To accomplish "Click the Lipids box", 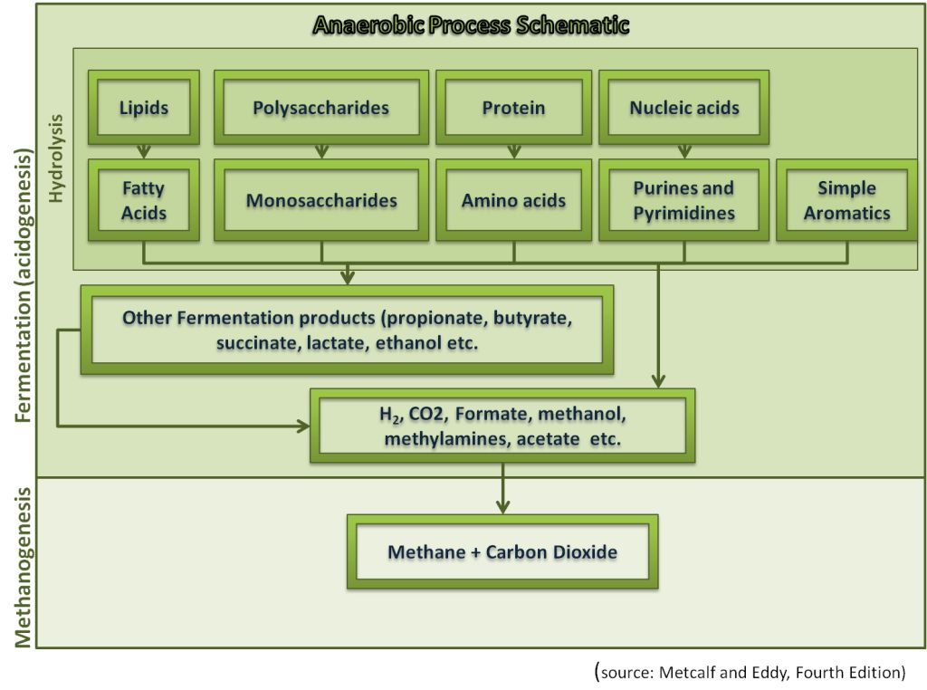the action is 144,107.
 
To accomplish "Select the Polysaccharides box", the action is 321,107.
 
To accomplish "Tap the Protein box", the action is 514,107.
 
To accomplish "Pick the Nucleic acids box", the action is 684,107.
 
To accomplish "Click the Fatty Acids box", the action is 144,200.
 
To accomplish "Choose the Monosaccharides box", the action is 321,200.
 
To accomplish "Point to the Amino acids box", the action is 514,200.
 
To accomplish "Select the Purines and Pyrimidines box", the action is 684,200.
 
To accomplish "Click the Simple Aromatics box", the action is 846,200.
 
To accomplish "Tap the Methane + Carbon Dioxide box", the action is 502,551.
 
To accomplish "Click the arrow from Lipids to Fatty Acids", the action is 144,151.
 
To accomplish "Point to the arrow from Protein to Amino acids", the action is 514,151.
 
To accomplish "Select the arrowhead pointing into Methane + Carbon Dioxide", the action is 502,507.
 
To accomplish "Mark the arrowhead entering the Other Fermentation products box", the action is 348,277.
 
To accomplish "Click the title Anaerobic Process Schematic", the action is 471,25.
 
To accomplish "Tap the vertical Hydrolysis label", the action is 55,158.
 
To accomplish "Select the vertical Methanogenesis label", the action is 23,568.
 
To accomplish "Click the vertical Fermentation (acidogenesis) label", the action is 23,285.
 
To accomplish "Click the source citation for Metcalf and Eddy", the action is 750,672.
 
